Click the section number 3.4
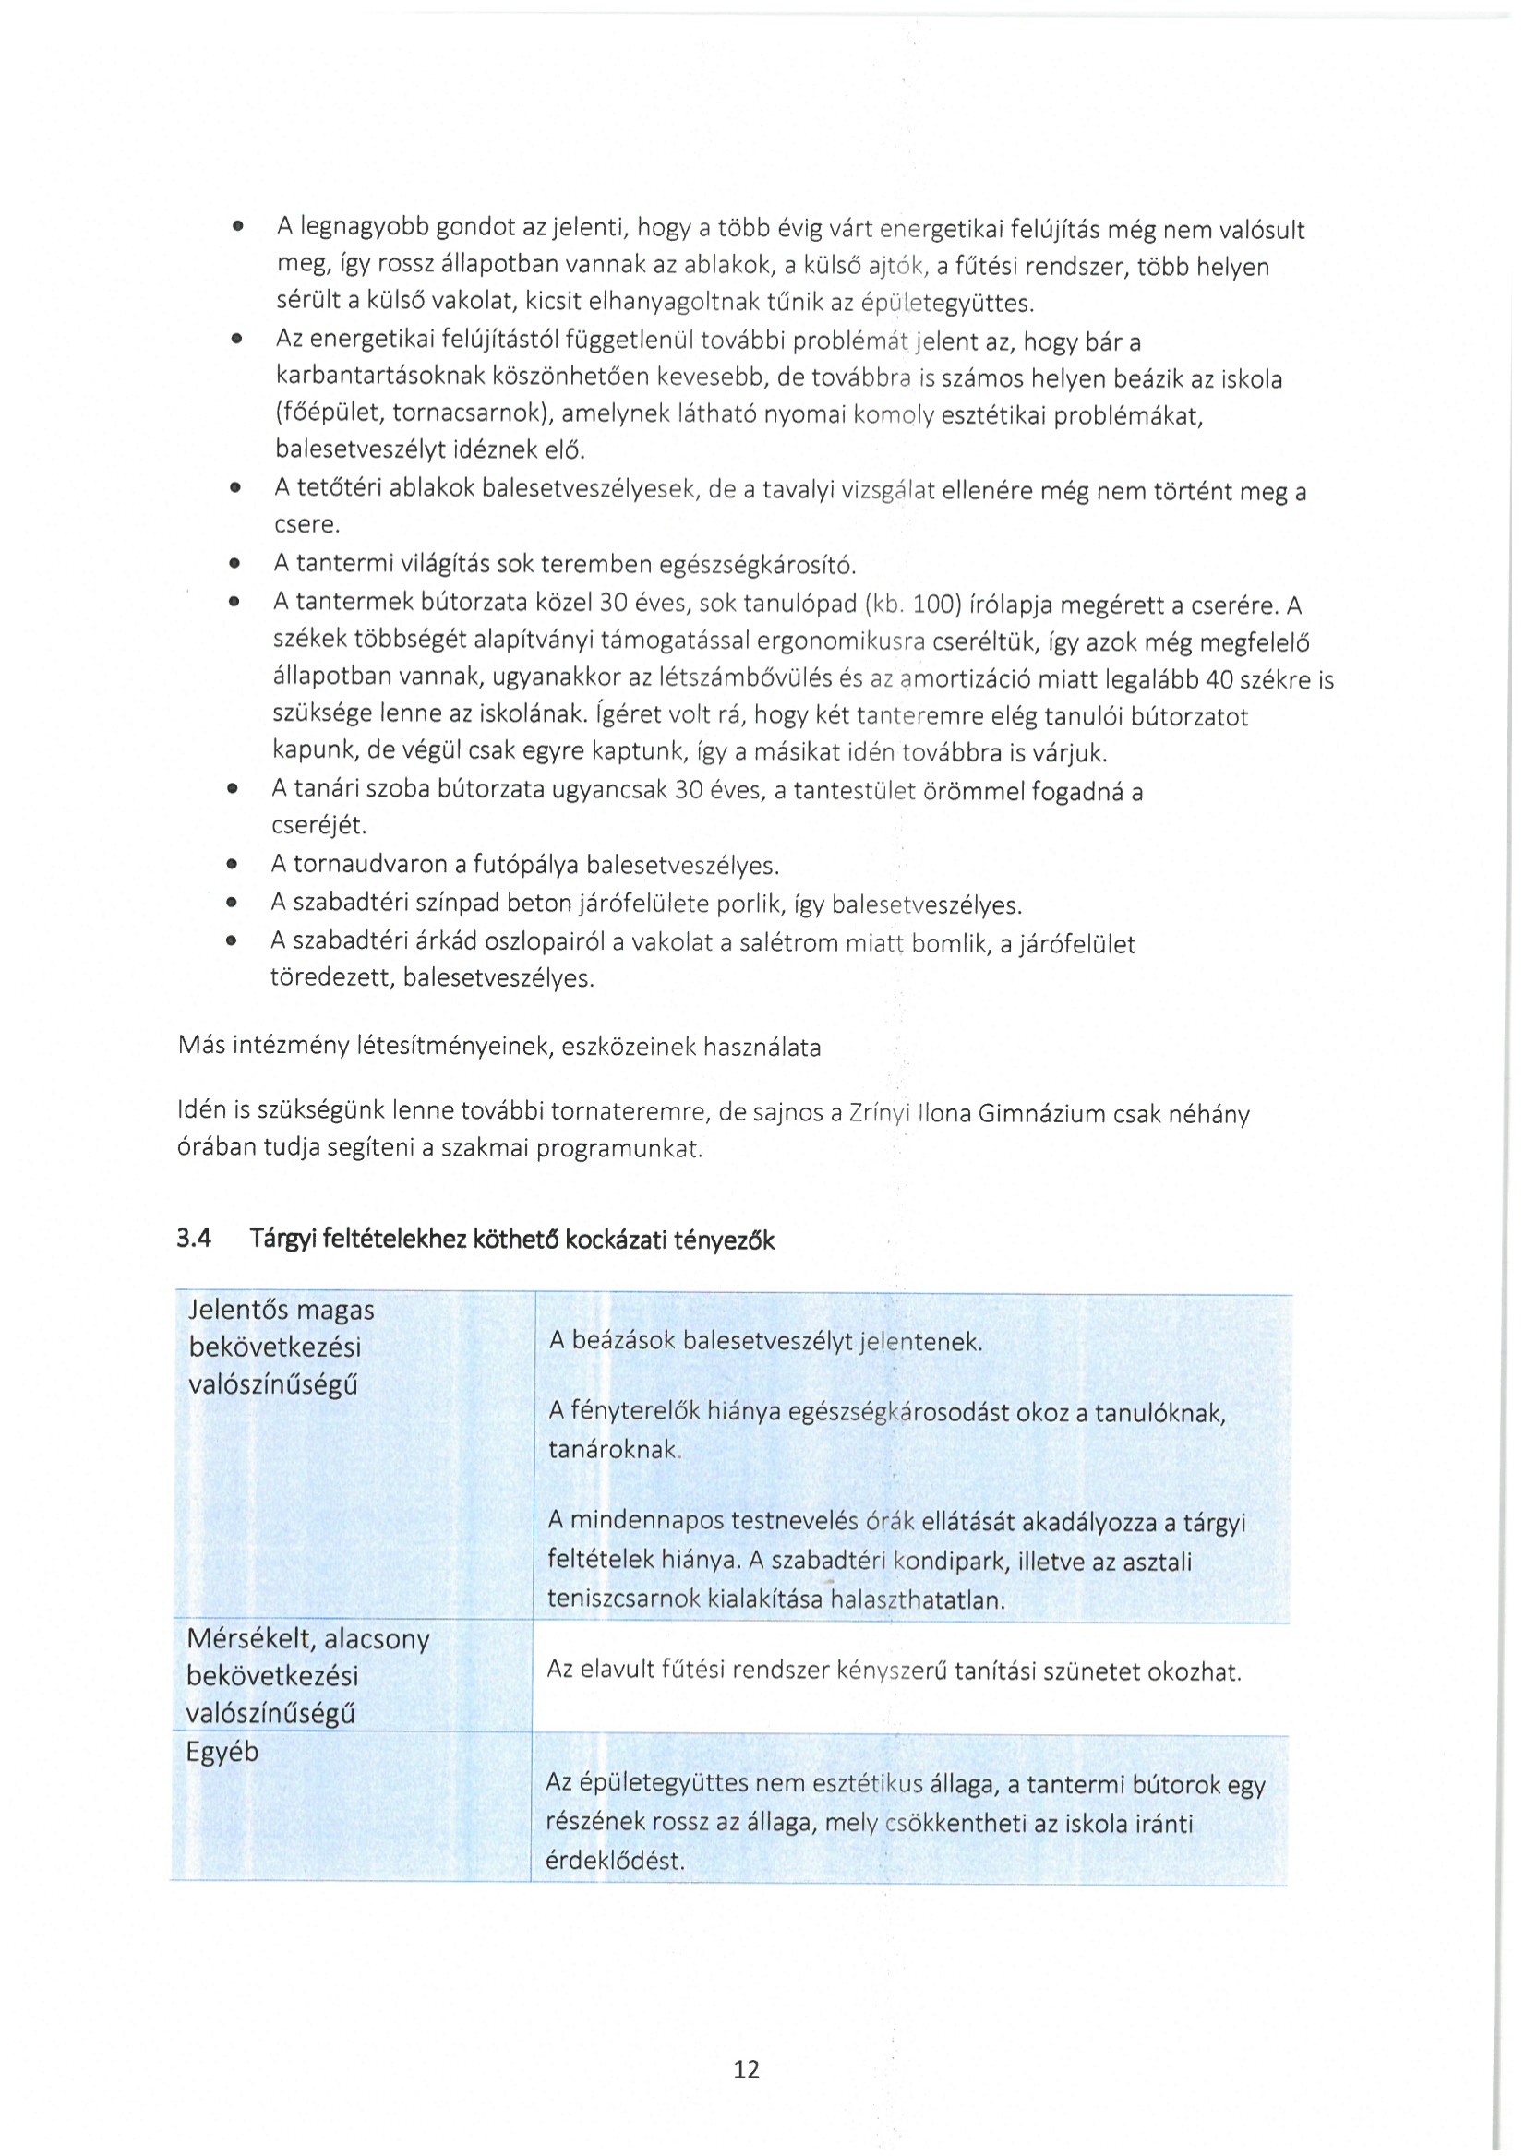[x=195, y=1239]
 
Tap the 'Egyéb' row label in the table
[x=222, y=1753]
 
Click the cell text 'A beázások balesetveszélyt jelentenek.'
[x=765, y=1341]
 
